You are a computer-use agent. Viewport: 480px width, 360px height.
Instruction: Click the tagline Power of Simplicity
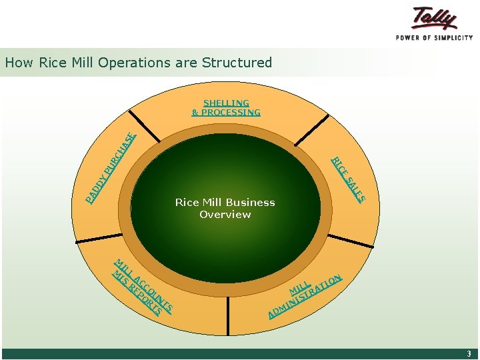click(434, 37)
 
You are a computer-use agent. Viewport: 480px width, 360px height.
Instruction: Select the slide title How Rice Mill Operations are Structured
click(139, 63)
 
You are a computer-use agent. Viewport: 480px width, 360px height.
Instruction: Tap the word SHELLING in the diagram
click(226, 103)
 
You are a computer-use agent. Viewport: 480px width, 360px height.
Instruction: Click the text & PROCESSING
click(226, 112)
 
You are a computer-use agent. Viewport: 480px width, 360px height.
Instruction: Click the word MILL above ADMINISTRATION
click(300, 286)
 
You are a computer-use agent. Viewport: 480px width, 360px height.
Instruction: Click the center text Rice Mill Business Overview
click(225, 208)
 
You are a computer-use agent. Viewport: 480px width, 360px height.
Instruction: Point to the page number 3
click(469, 354)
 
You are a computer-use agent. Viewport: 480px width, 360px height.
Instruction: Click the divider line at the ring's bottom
click(228, 314)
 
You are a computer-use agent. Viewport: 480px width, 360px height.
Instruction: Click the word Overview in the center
click(225, 214)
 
